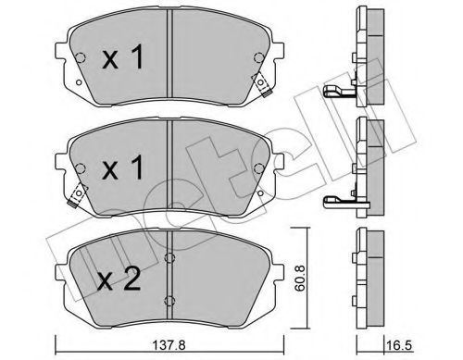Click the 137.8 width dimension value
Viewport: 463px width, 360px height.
pyautogui.click(x=169, y=345)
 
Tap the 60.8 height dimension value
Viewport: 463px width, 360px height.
pyautogui.click(x=299, y=278)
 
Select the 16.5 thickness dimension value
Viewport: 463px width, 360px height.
pyautogui.click(x=399, y=345)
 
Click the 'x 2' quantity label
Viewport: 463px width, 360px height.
pyautogui.click(x=119, y=279)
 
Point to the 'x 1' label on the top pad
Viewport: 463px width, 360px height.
pyautogui.click(x=123, y=56)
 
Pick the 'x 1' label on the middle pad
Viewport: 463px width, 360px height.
pyautogui.click(x=123, y=168)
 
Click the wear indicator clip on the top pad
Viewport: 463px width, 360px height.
pyautogui.click(x=262, y=84)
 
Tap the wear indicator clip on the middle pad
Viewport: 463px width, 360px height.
pyautogui.click(x=78, y=195)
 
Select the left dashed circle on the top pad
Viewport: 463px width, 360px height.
pyautogui.click(x=80, y=57)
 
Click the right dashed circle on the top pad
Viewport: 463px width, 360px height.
pyautogui.click(x=258, y=57)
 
